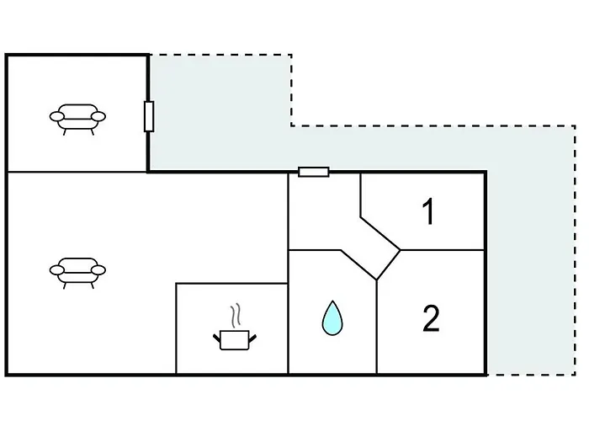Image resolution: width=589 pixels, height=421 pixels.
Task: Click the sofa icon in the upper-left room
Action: [x=77, y=120]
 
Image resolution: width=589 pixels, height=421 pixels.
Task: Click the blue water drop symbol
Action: [x=332, y=318]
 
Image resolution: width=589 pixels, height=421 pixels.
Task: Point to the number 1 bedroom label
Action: [x=428, y=211]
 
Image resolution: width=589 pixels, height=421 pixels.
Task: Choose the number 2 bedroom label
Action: [x=431, y=318]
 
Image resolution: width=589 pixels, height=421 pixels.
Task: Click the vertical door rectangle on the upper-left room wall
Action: [x=149, y=116]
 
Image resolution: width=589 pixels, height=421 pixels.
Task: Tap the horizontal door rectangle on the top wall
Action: [x=314, y=172]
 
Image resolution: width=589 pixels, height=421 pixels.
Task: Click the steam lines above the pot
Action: [x=236, y=316]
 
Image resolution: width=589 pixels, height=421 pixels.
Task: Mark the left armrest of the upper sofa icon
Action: [x=57, y=116]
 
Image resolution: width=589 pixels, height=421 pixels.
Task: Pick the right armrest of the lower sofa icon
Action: [x=99, y=270]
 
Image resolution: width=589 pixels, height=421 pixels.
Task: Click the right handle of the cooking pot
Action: [x=252, y=338]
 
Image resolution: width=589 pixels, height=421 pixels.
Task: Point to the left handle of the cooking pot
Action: [x=217, y=338]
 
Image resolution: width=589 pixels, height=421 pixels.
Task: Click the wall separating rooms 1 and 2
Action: [x=442, y=250]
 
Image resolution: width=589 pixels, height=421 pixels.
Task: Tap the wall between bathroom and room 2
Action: [x=377, y=327]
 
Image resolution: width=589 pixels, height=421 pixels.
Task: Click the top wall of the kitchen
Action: [x=231, y=284]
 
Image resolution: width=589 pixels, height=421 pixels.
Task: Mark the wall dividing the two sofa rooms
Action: [x=77, y=172]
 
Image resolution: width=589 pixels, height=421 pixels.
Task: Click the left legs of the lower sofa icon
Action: [x=66, y=285]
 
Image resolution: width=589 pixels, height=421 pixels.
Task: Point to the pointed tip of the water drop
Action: [x=332, y=301]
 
